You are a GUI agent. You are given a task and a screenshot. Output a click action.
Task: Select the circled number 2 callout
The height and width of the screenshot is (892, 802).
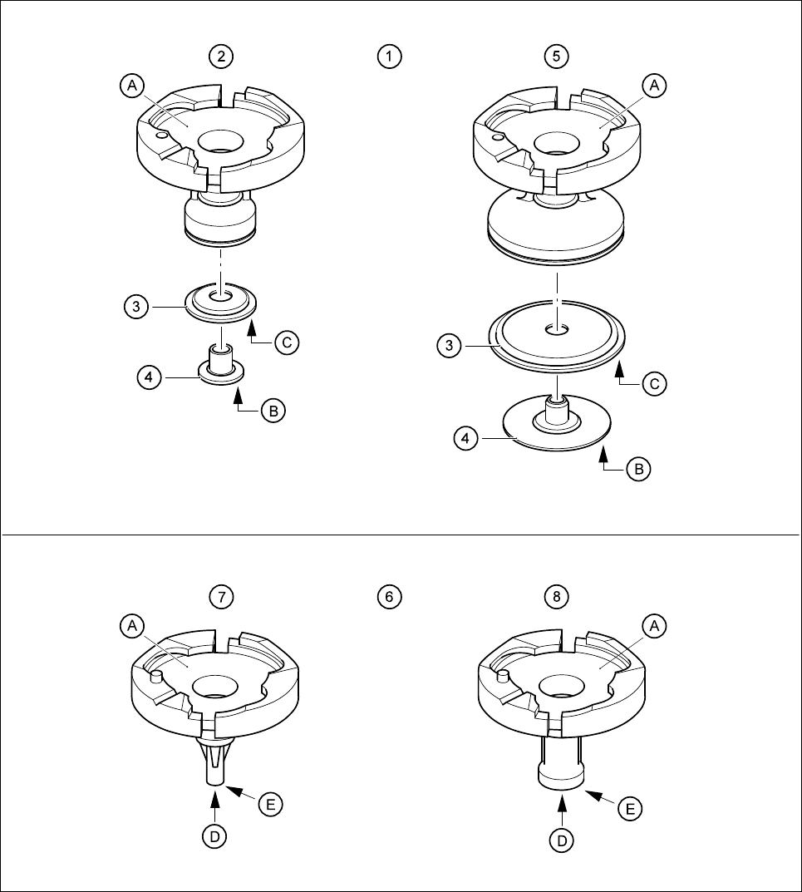coord(221,57)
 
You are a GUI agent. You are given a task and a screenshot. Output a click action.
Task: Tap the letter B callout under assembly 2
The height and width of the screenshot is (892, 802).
coord(273,411)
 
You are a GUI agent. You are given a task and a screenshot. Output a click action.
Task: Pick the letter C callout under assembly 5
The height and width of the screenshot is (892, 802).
coord(656,384)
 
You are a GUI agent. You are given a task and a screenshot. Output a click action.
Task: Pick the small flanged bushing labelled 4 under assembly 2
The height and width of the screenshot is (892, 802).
coord(221,366)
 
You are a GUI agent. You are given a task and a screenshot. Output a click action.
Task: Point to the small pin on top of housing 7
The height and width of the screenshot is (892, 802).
coord(154,678)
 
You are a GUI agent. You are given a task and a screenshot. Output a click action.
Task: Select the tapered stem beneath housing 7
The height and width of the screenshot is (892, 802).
coord(214,761)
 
